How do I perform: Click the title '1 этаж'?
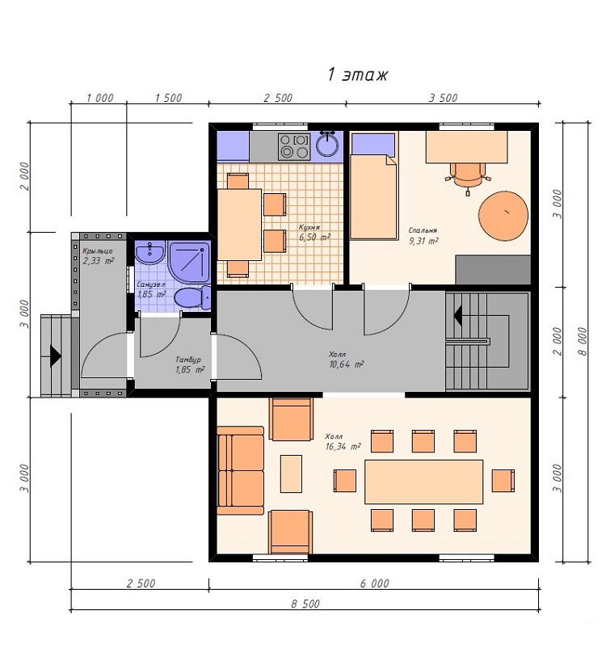pyautogui.click(x=357, y=75)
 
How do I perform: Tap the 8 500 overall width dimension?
pyautogui.click(x=305, y=604)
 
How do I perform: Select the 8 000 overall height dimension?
pyautogui.click(x=583, y=341)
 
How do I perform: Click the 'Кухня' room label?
pyautogui.click(x=309, y=227)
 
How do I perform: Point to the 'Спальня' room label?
pyautogui.click(x=423, y=230)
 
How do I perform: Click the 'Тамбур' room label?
pyautogui.click(x=188, y=360)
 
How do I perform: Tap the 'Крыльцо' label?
pyautogui.click(x=98, y=251)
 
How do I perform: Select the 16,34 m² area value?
pyautogui.click(x=343, y=446)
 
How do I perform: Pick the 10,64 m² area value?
pyautogui.click(x=347, y=364)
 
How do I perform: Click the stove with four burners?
pyautogui.click(x=294, y=146)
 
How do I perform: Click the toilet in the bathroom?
pyautogui.click(x=193, y=297)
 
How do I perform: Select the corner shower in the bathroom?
pyautogui.click(x=189, y=263)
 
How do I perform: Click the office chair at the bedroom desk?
pyautogui.click(x=468, y=177)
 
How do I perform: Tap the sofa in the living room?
pyautogui.click(x=241, y=470)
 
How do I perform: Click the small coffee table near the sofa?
pyautogui.click(x=291, y=473)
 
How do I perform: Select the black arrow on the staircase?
pyautogui.click(x=457, y=316)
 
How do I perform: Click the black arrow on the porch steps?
pyautogui.click(x=56, y=356)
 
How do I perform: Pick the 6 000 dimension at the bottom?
pyautogui.click(x=374, y=583)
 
